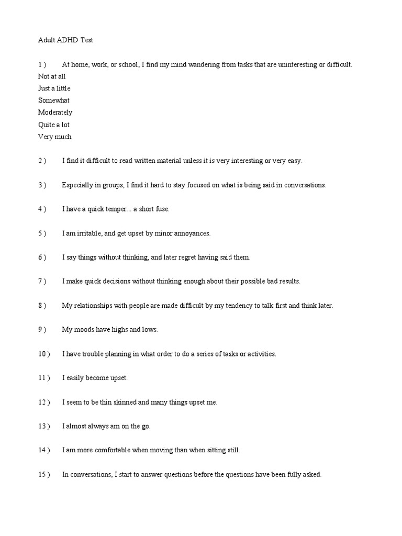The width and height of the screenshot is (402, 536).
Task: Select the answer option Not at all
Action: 52,76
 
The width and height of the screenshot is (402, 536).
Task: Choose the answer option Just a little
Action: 54,88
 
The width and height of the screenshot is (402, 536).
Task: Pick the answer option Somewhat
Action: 53,100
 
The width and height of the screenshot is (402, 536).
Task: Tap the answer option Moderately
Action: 55,113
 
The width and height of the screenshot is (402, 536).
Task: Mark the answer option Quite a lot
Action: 53,125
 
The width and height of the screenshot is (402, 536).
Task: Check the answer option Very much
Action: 54,137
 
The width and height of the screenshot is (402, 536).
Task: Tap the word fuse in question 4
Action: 163,209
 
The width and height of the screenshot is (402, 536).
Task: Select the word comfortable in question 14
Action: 112,450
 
